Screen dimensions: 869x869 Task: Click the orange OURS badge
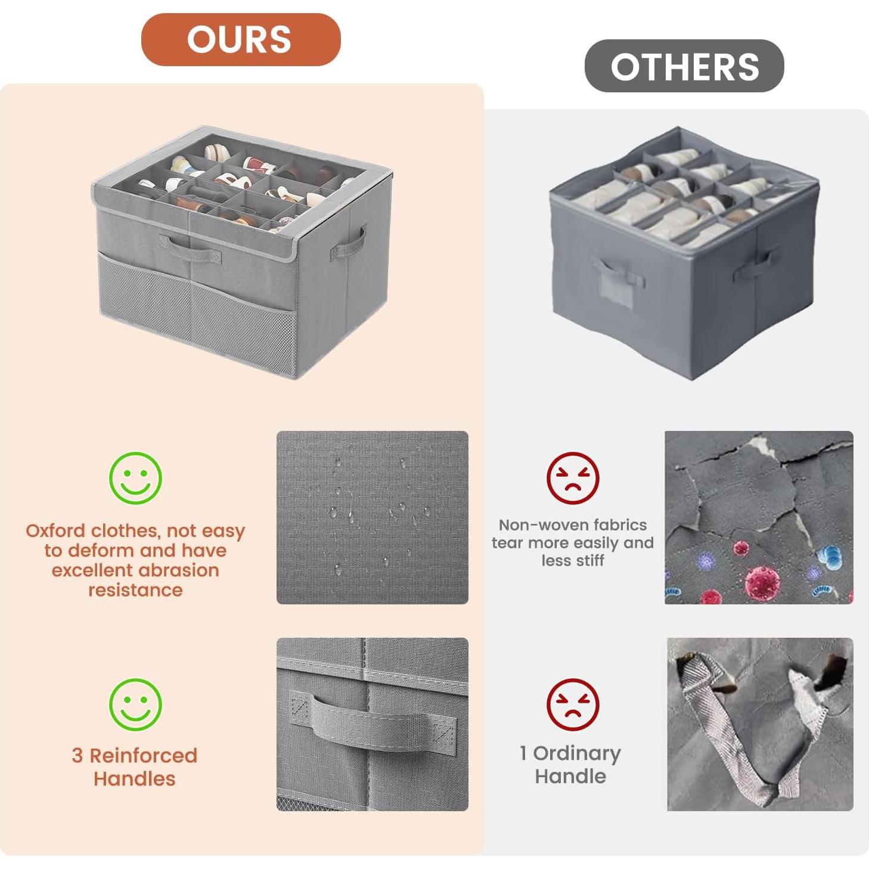pos(240,39)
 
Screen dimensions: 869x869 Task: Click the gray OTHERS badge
pos(684,66)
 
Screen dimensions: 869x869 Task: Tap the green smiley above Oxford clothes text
pos(135,478)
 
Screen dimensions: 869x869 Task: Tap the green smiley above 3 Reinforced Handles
pos(135,704)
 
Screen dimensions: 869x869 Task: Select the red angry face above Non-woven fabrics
pos(572,478)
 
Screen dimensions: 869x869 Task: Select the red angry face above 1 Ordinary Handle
pos(572,704)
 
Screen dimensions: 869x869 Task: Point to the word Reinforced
pos(143,755)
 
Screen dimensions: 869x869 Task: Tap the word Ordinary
pos(576,753)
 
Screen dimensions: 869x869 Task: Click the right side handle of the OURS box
pos(348,243)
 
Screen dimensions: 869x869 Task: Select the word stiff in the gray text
pos(590,561)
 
